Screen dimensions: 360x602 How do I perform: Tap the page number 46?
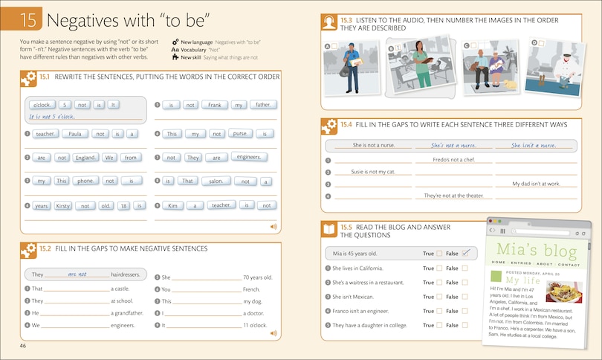[23, 346]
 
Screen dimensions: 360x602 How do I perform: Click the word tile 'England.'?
[85, 158]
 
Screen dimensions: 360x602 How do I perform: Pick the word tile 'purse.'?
[239, 134]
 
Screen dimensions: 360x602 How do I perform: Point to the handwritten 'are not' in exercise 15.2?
[77, 274]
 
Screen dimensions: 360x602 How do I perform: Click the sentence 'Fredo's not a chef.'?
[453, 159]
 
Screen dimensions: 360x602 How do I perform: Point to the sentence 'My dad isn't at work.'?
[535, 183]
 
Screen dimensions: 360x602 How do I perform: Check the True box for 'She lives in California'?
[439, 268]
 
